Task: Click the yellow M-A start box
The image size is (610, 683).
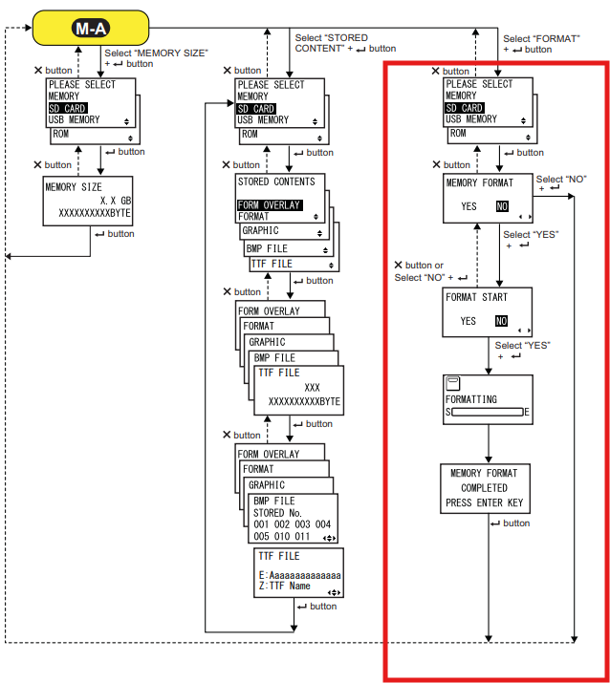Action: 91,28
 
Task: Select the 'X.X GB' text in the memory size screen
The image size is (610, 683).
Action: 115,201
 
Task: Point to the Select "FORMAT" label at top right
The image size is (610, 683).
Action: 540,44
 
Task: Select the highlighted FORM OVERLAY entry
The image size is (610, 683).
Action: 270,205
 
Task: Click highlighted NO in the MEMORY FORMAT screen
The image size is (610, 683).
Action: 501,206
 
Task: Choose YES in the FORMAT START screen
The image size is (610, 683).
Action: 468,321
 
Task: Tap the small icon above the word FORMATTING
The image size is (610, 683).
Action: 454,383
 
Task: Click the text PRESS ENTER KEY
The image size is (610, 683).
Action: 484,502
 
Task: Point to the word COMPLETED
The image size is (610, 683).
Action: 484,488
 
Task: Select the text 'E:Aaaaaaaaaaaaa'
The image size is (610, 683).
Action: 299,575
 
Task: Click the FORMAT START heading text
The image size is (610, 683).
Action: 476,297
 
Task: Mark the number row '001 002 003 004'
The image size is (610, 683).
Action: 293,524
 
